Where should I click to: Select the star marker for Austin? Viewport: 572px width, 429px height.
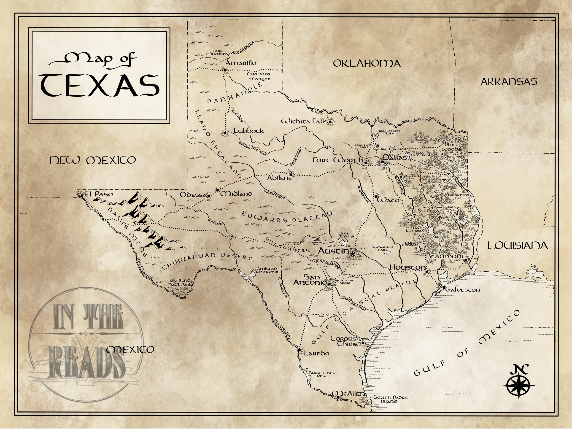point(352,254)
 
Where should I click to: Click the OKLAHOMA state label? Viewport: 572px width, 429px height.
point(367,63)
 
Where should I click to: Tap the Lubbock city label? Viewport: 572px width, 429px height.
point(248,131)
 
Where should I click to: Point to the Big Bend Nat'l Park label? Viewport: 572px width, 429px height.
point(181,282)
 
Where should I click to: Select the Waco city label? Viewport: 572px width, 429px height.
point(388,200)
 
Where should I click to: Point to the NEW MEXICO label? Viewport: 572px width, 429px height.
point(93,160)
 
